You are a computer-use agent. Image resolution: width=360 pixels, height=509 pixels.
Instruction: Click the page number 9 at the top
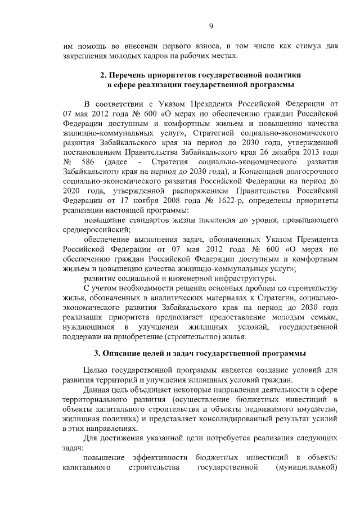[211, 25]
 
